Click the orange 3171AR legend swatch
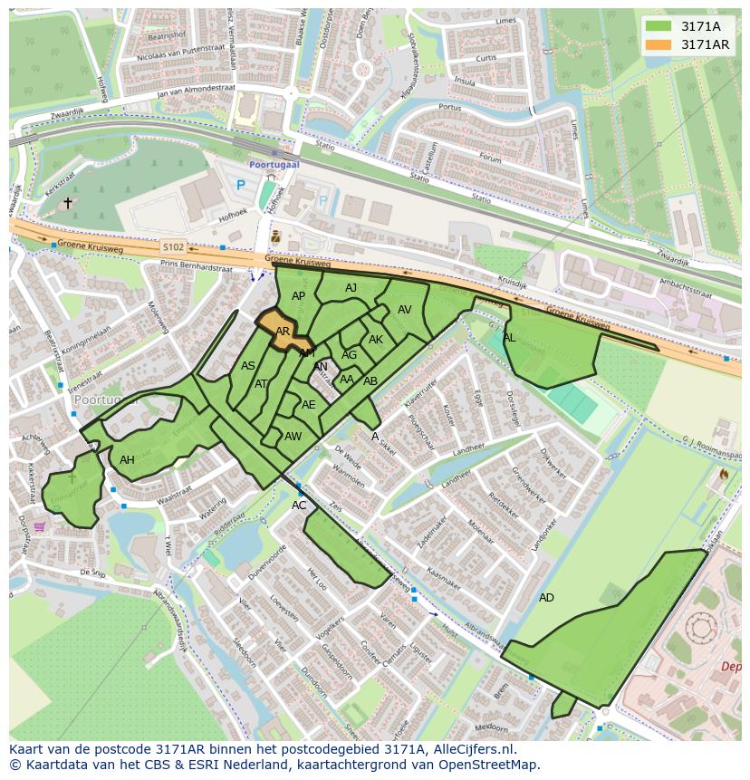(x=659, y=44)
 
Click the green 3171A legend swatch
(x=659, y=26)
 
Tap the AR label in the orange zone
(x=283, y=332)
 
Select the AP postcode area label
(x=298, y=296)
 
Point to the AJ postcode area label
(x=351, y=288)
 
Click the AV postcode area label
(x=404, y=310)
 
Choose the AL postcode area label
(x=509, y=338)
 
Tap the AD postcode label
(x=546, y=598)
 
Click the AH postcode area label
(x=127, y=460)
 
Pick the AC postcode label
(x=299, y=506)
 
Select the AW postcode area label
(x=293, y=437)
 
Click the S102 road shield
(x=173, y=246)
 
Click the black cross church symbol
(x=68, y=204)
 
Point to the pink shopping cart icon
(x=40, y=526)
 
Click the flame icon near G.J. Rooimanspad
(x=723, y=474)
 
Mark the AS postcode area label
(x=248, y=366)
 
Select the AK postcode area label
(x=376, y=340)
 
